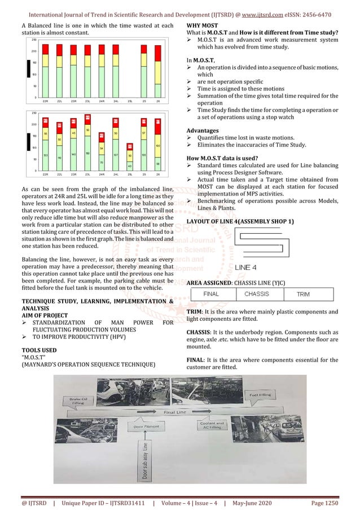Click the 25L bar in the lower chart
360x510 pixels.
pos(129,158)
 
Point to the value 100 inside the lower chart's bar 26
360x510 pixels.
pos(158,146)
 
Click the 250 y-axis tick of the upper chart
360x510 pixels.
pos(34,40)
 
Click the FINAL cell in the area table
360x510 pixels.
pos(211,294)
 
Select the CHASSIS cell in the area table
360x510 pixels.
pos(256,294)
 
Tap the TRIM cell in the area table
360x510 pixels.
pos(303,294)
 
